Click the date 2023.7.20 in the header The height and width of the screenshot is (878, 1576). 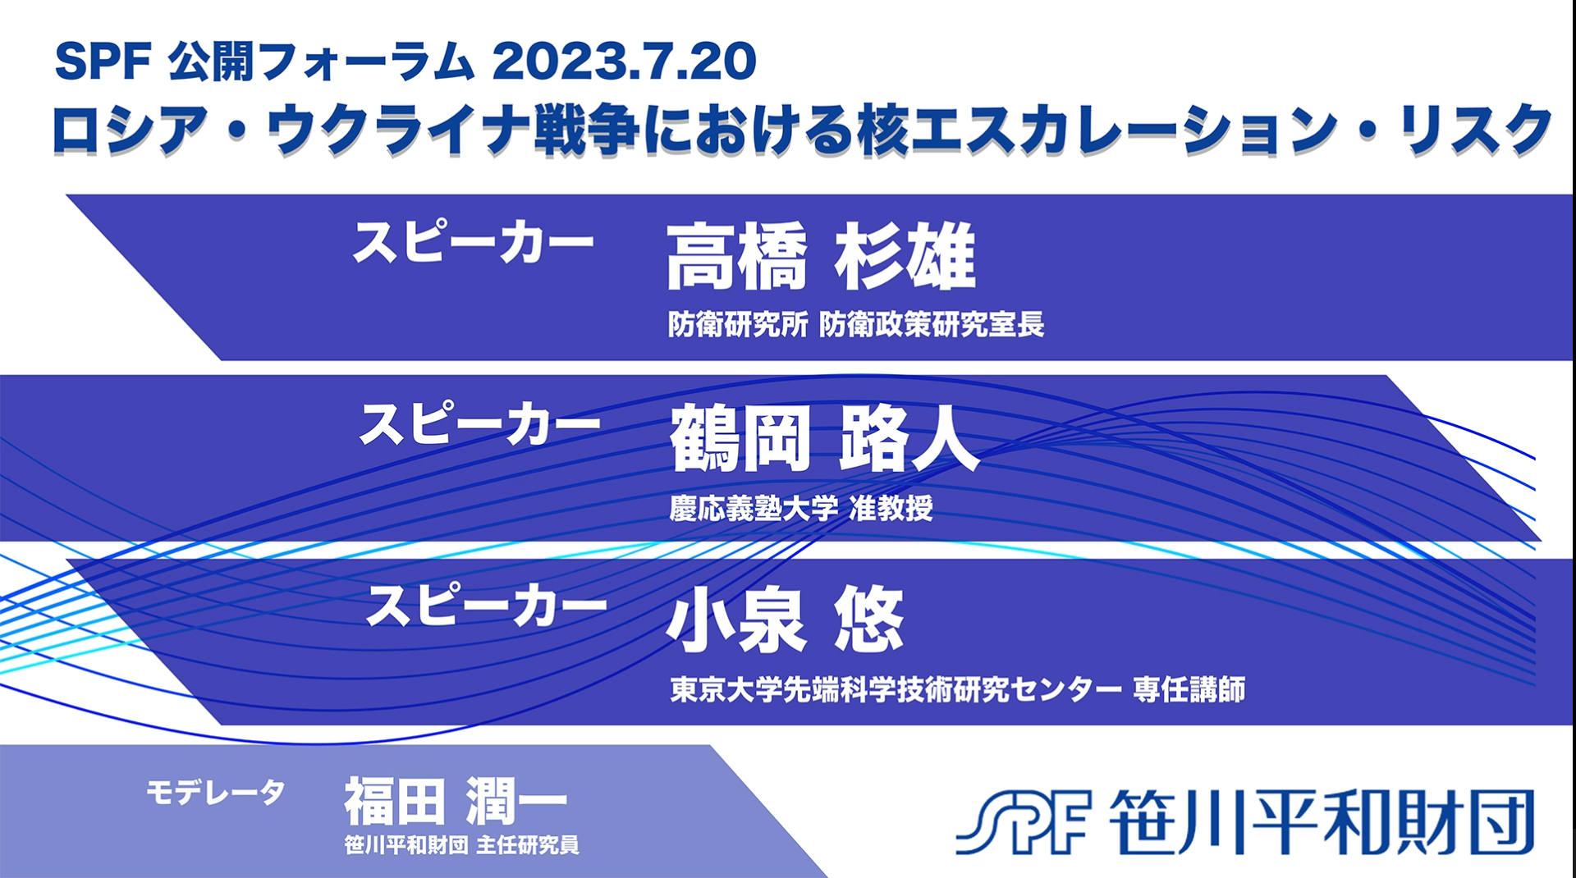[624, 62]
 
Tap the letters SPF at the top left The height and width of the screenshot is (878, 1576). [103, 62]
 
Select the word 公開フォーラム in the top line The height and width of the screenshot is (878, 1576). [321, 62]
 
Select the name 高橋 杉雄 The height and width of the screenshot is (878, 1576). [821, 256]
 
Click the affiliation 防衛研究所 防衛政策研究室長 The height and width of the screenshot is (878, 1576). [856, 324]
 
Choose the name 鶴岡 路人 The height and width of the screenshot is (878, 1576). [825, 438]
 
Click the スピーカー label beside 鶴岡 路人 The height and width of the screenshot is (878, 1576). [480, 424]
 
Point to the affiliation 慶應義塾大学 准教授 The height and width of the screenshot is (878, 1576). [801, 508]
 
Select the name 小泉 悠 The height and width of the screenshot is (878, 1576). [786, 620]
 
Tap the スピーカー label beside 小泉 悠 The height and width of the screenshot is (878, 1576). [486, 606]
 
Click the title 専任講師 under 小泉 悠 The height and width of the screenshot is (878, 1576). [1189, 689]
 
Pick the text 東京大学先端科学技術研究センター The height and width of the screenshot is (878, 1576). [896, 689]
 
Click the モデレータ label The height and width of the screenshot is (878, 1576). [215, 792]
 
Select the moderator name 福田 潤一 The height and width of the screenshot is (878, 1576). [456, 801]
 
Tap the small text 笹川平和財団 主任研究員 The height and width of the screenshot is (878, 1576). [462, 844]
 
